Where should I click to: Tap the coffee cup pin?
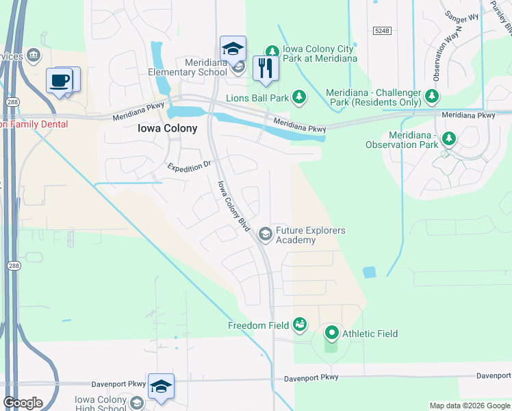[x=60, y=80]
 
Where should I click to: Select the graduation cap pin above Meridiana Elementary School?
[x=233, y=49]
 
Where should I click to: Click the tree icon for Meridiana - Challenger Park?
[x=432, y=95]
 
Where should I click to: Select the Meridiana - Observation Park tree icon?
[x=449, y=140]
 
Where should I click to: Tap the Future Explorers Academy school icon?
[x=265, y=235]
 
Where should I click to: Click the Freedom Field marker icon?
[x=299, y=324]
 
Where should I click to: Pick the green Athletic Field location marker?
[x=332, y=334]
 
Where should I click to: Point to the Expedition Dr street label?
[x=190, y=167]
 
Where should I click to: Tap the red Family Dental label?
[x=34, y=124]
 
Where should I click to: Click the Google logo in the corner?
[x=23, y=403]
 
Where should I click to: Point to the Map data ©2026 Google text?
[x=469, y=406]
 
